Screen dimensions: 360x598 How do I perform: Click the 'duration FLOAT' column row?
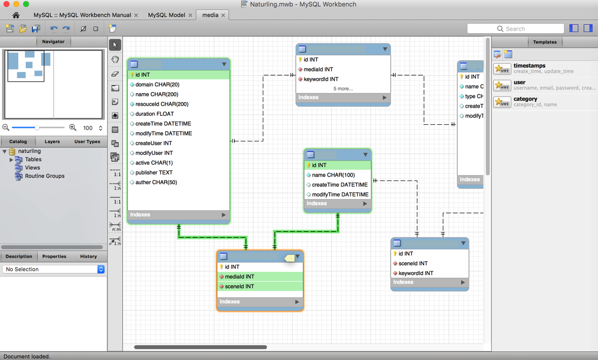[x=155, y=114]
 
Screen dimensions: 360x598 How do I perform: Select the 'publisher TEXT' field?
[x=154, y=173]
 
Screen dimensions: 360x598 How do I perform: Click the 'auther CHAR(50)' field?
[x=156, y=182]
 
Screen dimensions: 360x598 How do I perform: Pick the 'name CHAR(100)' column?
[x=333, y=175]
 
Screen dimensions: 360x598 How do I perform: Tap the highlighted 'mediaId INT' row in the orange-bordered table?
[x=239, y=277]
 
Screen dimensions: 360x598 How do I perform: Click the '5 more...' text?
[x=343, y=89]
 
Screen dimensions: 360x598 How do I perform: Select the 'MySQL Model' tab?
[x=166, y=15]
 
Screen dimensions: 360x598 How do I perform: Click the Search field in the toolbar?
[x=515, y=29]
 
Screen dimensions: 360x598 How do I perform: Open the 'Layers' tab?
[x=52, y=142]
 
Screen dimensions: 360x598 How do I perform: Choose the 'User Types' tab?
[x=87, y=142]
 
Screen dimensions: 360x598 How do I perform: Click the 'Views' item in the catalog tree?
[x=32, y=168]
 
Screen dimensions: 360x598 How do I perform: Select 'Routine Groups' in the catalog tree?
[x=45, y=176]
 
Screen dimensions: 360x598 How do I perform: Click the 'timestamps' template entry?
[x=529, y=66]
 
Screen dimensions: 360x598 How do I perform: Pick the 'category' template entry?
[x=525, y=99]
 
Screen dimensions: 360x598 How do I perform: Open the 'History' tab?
[x=88, y=256]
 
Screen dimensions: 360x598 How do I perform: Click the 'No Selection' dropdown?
[x=53, y=270]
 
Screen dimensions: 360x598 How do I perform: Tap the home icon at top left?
[x=16, y=15]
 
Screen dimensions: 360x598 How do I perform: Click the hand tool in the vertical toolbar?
[x=115, y=60]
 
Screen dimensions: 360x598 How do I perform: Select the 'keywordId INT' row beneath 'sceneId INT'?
[x=415, y=273]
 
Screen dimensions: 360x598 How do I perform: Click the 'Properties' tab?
[x=54, y=256]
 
